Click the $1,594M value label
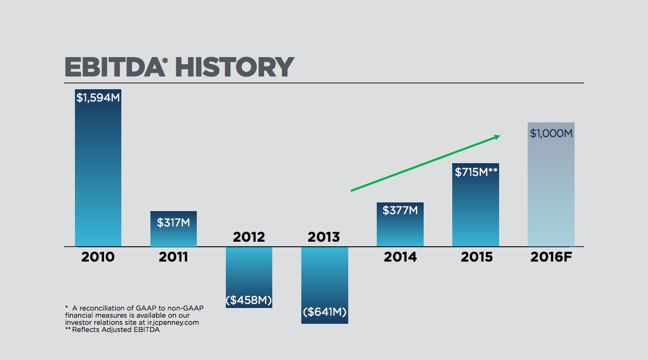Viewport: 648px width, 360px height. click(98, 97)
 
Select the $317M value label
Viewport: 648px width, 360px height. click(173, 223)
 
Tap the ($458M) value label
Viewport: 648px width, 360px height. click(249, 300)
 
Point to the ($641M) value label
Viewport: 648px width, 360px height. click(324, 312)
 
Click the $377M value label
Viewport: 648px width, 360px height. click(400, 210)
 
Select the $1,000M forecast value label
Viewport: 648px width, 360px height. click(551, 134)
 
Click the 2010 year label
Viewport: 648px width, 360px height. click(98, 257)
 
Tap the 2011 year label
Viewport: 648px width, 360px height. click(173, 257)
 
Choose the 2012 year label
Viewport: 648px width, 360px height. click(249, 237)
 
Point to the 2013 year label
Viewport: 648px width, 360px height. click(324, 237)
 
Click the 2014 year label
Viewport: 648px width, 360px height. click(400, 257)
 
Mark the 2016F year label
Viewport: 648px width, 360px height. click(551, 257)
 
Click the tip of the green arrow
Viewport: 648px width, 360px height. click(500, 136)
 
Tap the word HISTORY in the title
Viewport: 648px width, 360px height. click(234, 67)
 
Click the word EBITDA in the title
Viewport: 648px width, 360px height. click(112, 67)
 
